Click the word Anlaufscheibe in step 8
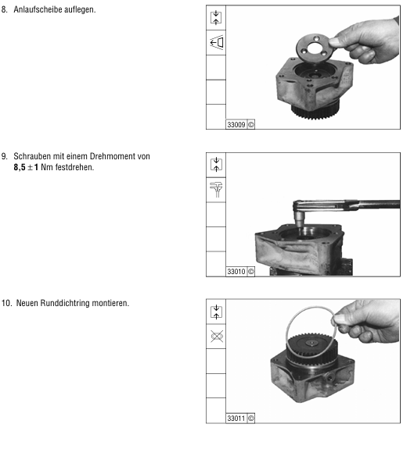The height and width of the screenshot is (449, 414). (38, 9)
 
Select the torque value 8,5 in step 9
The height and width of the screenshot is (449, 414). (20, 167)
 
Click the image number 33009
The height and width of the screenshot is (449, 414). (236, 125)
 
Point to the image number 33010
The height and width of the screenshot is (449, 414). (236, 272)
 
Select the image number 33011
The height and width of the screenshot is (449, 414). (236, 419)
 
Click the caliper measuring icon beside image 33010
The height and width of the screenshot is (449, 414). (216, 190)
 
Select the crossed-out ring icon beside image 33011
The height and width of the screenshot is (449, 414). (217, 337)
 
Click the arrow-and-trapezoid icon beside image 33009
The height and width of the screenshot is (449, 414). (216, 43)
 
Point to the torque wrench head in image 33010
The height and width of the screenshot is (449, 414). (300, 212)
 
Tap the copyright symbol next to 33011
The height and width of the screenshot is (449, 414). (250, 419)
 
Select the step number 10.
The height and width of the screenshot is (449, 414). (5, 303)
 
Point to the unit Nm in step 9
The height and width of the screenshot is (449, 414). (46, 167)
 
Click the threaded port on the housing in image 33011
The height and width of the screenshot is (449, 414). (329, 378)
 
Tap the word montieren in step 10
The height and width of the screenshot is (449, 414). (110, 303)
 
